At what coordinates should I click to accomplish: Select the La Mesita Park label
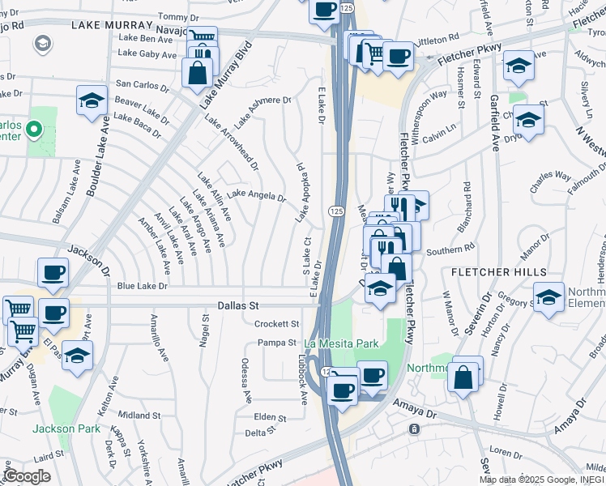[x=341, y=343]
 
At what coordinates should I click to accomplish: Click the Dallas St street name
[x=237, y=306]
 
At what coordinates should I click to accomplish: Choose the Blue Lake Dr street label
[x=142, y=286]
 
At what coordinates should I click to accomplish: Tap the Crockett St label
[x=277, y=323]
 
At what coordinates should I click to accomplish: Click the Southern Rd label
[x=450, y=251]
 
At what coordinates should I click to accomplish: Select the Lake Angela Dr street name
[x=256, y=195]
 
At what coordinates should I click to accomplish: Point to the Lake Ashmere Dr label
[x=259, y=100]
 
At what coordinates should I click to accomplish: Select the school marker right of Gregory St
[x=548, y=297]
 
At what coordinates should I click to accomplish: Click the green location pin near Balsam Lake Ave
[x=33, y=129]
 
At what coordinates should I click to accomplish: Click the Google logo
[x=27, y=475]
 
